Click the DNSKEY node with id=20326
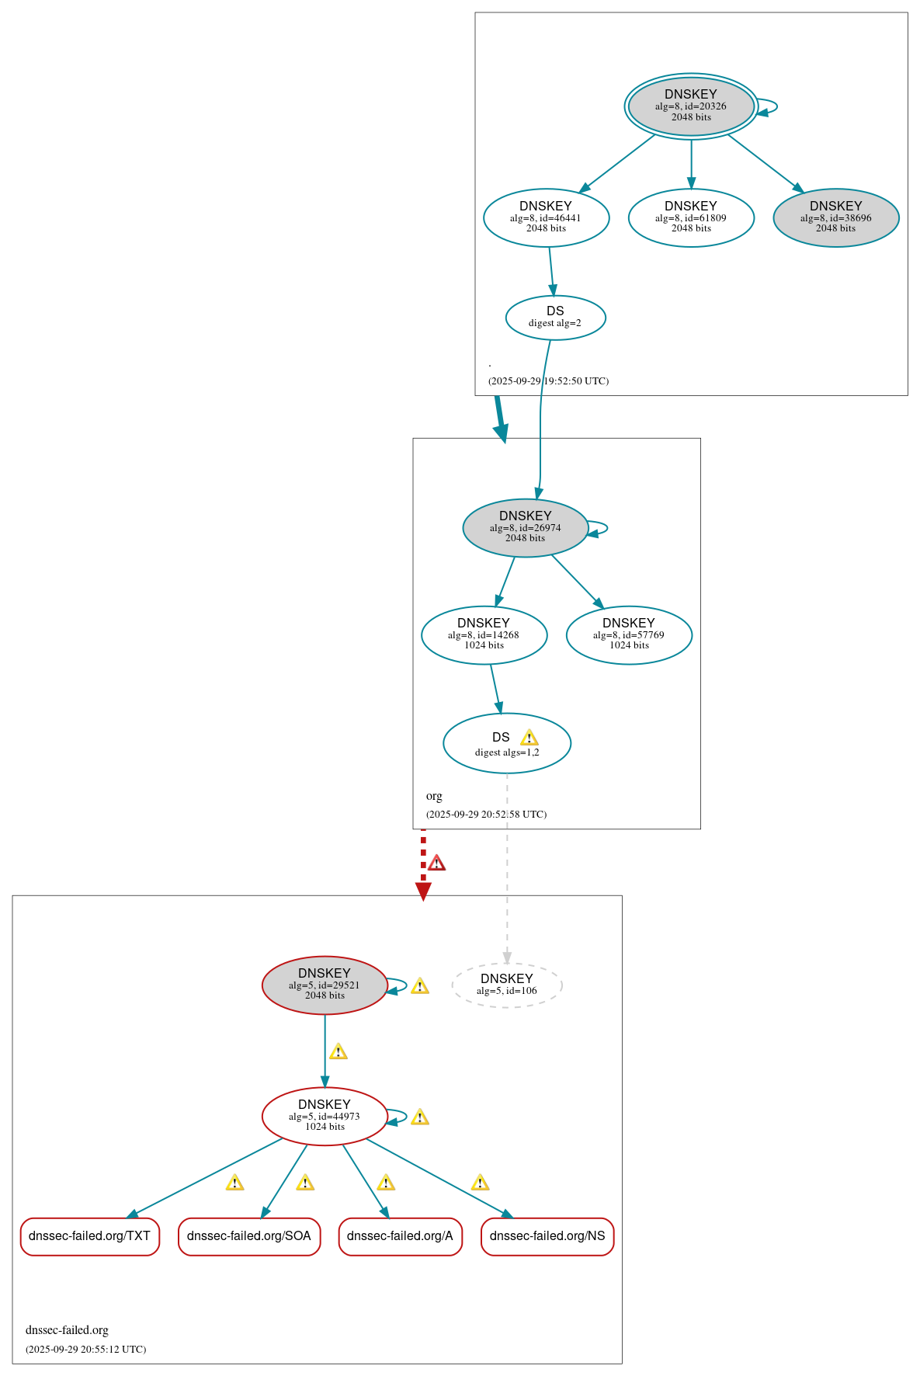[x=690, y=106]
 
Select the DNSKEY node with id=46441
[x=546, y=217]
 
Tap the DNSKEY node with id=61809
[x=691, y=217]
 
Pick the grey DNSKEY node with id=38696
[x=835, y=217]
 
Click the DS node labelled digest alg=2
[x=555, y=318]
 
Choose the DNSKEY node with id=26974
[x=525, y=527]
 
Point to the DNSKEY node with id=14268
[x=484, y=634]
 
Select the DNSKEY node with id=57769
[x=629, y=634]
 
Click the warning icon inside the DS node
[x=529, y=738]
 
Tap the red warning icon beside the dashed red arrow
[x=437, y=863]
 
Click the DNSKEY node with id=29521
[x=325, y=985]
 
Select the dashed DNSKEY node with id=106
[x=506, y=985]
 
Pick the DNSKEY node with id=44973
[x=325, y=1116]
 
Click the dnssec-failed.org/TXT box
[x=89, y=1236]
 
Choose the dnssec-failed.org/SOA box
[x=248, y=1236]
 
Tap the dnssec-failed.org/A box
[x=400, y=1236]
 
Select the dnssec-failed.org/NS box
[x=547, y=1236]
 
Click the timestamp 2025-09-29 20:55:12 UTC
[x=85, y=1349]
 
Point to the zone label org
[x=434, y=796]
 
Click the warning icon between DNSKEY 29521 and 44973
[x=338, y=1051]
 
